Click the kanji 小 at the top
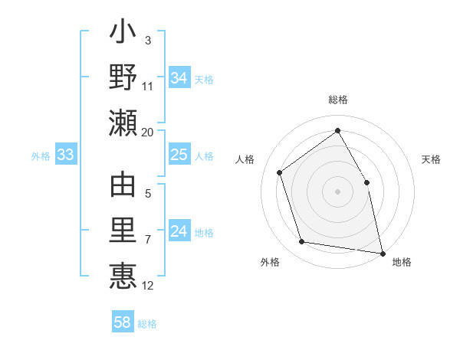coord(123,34)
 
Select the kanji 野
coord(123,78)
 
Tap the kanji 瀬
coord(123,123)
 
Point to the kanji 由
coord(123,186)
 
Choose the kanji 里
coord(123,231)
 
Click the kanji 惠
coord(123,275)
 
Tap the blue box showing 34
coord(179,78)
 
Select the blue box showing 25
coord(179,155)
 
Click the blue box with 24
coord(179,232)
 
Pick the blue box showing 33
coord(66,155)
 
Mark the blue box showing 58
coord(123,322)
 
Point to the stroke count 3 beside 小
coord(148,40)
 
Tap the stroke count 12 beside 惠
coord(148,286)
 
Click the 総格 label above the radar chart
coord(338,100)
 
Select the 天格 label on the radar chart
coord(431,159)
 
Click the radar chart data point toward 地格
coord(382,252)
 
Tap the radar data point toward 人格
coord(280,172)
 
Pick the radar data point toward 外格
coord(302,242)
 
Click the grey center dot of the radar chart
coord(338,191)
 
